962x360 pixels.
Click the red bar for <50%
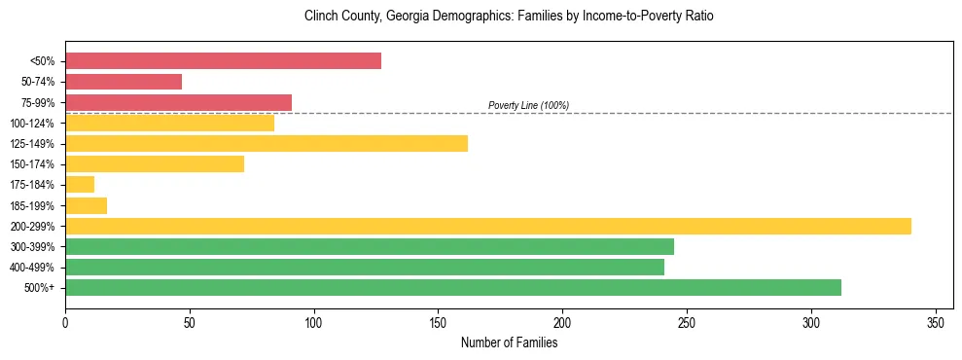click(x=223, y=61)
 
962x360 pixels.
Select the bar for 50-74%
click(x=124, y=82)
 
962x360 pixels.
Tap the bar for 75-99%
click(x=178, y=102)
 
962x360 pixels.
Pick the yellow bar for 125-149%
click(x=267, y=144)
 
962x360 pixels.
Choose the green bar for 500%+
click(x=453, y=288)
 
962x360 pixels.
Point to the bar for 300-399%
click(x=370, y=247)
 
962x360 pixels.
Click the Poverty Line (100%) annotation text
click(x=528, y=105)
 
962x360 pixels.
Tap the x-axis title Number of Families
click(x=509, y=342)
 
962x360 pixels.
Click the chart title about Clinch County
click(x=509, y=17)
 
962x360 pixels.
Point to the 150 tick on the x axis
click(x=439, y=321)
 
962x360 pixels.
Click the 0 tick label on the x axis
click(x=65, y=321)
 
